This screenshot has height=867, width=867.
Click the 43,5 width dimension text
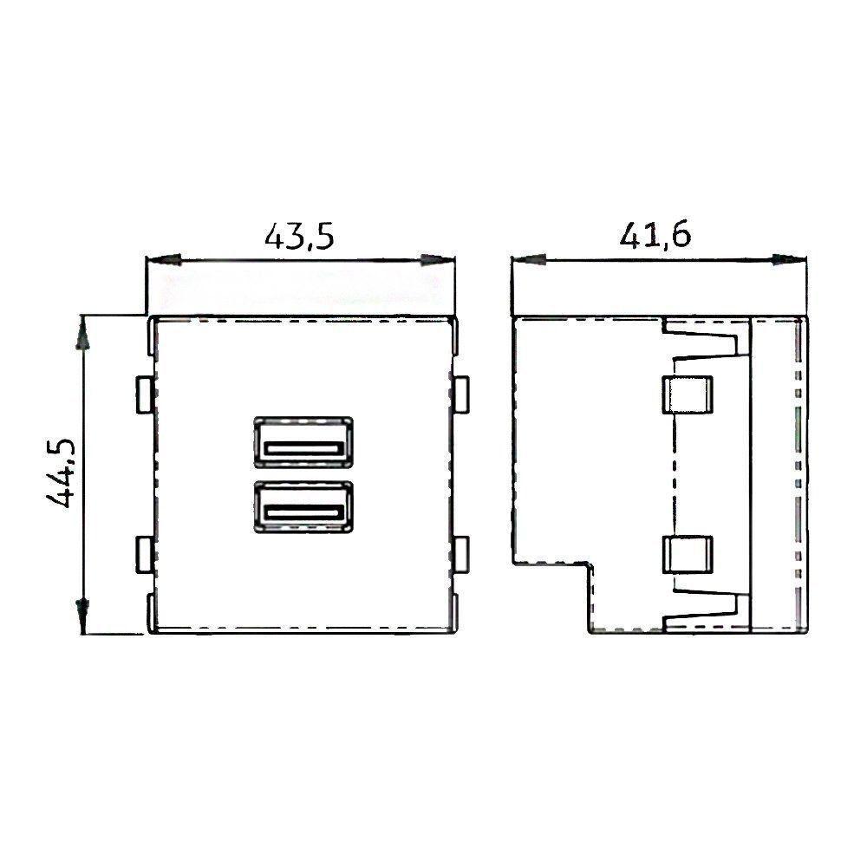[299, 235]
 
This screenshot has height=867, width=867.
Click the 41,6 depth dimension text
[655, 235]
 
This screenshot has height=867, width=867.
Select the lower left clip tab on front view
[145, 555]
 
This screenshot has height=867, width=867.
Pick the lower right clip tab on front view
[460, 555]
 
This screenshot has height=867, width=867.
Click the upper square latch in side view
[687, 394]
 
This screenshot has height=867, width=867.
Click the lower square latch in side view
[687, 555]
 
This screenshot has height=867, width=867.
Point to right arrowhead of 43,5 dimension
[440, 259]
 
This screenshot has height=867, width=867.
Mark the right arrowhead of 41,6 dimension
[790, 259]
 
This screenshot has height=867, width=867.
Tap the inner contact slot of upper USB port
[302, 449]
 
